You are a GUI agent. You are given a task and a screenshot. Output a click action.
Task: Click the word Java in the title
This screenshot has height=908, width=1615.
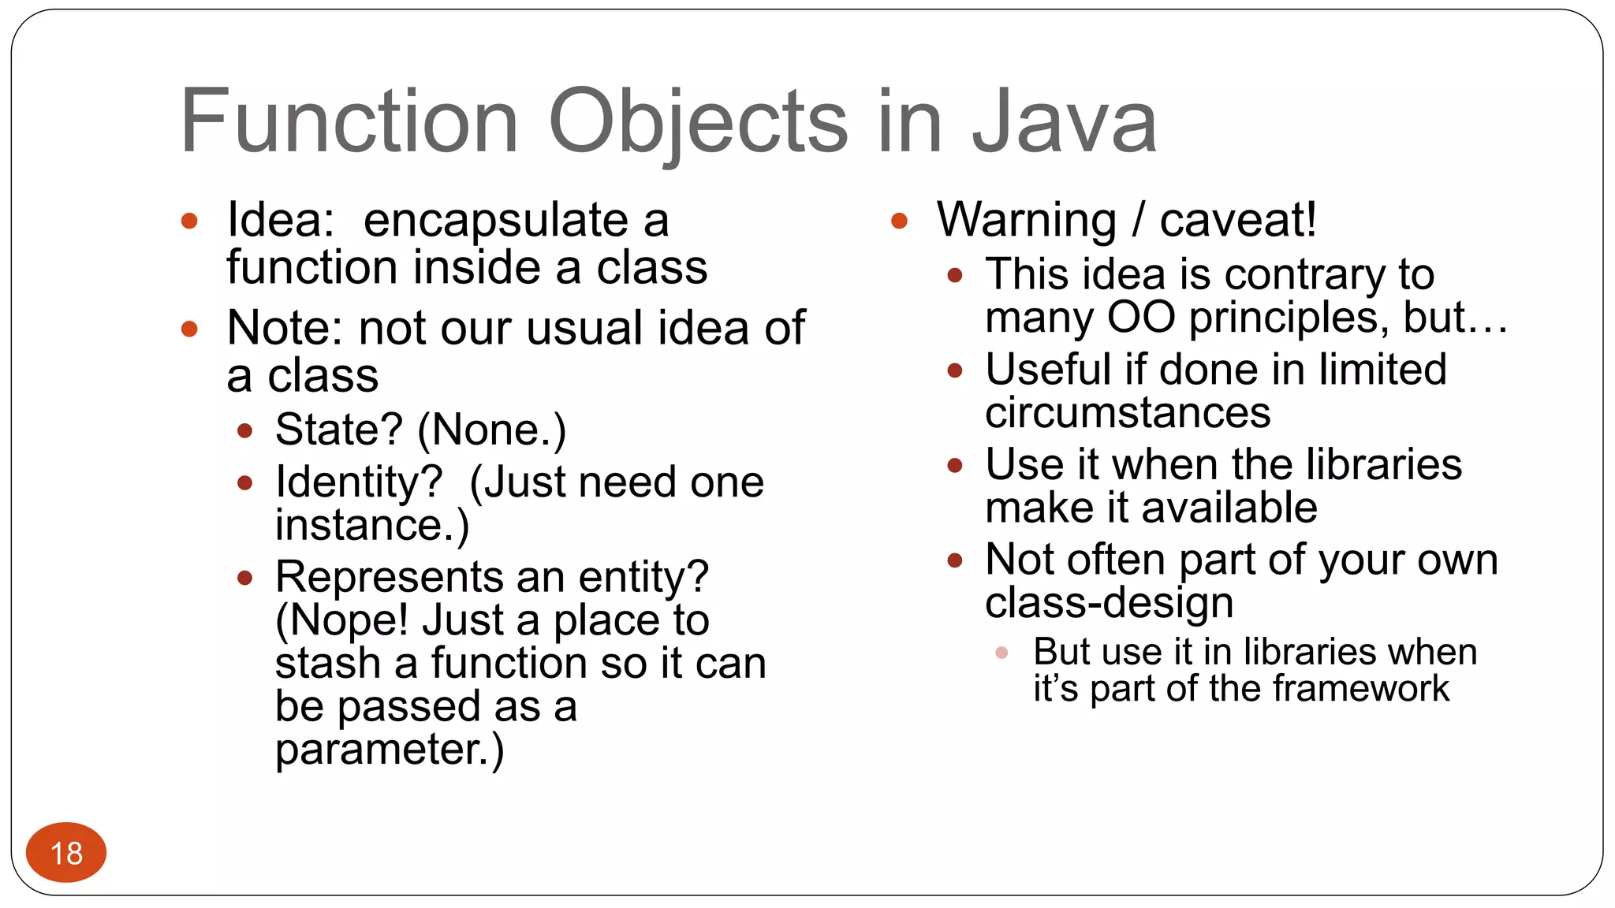point(1064,122)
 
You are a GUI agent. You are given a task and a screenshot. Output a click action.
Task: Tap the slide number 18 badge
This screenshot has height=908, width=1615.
point(66,853)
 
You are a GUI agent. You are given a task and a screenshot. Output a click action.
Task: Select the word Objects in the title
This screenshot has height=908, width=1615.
point(698,122)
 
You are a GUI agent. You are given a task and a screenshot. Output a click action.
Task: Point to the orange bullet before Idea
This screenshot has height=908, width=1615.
point(189,221)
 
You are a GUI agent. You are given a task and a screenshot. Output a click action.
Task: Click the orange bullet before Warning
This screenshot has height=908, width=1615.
point(899,221)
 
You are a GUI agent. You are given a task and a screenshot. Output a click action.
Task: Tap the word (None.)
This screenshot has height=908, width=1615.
point(491,430)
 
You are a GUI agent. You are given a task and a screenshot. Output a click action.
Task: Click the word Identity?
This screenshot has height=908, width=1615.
point(359,482)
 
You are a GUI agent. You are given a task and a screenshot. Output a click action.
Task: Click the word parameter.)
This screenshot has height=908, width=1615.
point(389,750)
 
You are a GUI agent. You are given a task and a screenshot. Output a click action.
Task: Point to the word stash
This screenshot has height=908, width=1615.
point(327,664)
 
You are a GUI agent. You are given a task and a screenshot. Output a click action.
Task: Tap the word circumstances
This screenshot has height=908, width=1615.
point(1128,413)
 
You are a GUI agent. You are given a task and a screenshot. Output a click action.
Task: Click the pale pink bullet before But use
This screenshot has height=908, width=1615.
point(1001,653)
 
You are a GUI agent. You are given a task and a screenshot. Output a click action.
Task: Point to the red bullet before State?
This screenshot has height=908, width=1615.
point(244,431)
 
